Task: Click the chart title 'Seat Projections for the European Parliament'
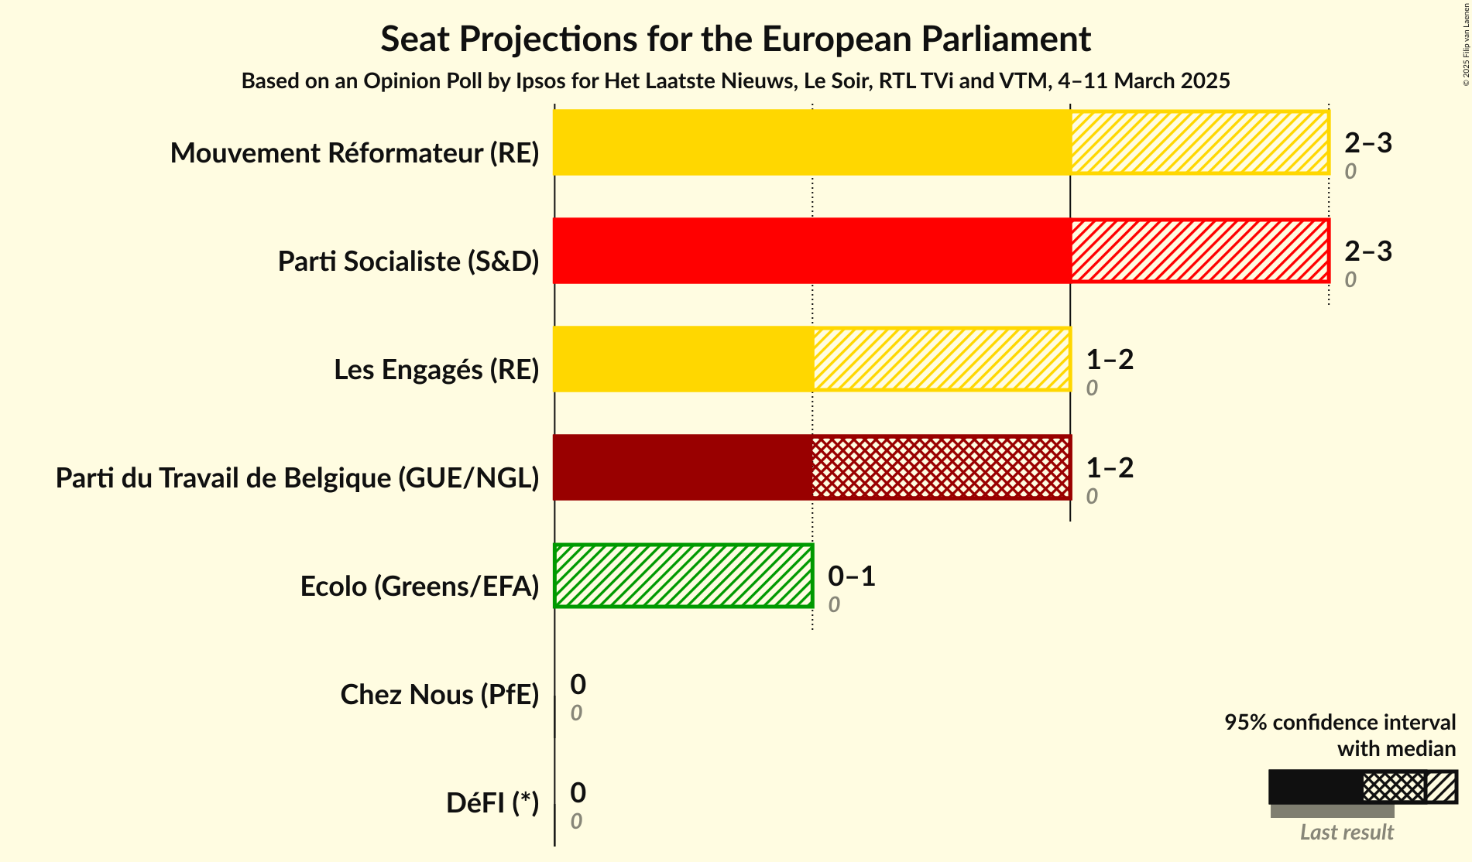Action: coord(735,39)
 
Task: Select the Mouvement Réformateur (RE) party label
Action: coord(355,153)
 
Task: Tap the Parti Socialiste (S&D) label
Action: coord(408,262)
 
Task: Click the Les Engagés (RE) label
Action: coord(436,370)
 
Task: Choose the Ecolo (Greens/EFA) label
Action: coord(419,587)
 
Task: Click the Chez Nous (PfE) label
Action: coord(439,695)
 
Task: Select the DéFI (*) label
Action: coord(492,803)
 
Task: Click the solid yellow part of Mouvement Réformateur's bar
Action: coord(811,142)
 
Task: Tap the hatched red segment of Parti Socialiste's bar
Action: coord(1199,251)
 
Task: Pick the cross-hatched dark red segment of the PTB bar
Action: coord(941,467)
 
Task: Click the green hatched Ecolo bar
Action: coord(683,576)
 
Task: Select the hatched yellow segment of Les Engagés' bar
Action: coord(941,359)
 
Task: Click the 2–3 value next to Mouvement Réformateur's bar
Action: coord(1367,143)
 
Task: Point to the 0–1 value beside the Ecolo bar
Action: coord(851,576)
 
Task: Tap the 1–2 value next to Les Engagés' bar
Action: coord(1109,360)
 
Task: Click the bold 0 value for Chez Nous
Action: coord(578,685)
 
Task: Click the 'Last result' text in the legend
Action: coord(1346,832)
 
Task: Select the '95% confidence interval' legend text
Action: coord(1339,722)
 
